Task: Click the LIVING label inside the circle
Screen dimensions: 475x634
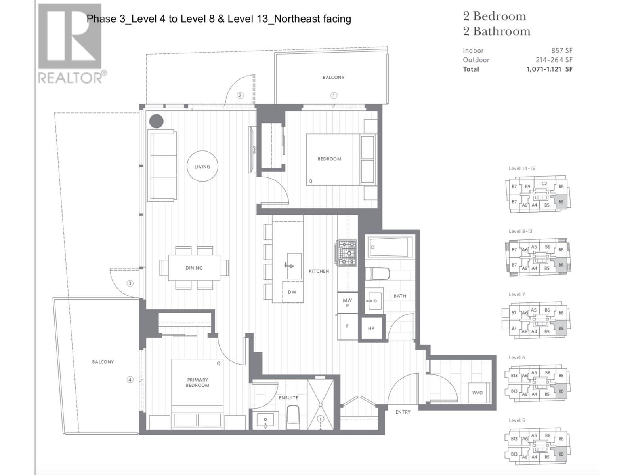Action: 202,167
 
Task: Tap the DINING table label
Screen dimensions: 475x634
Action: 194,268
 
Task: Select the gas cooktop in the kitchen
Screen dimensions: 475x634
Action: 347,253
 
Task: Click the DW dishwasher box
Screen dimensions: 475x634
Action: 292,292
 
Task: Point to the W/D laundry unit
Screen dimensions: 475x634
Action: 477,393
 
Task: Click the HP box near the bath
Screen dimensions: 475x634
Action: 371,328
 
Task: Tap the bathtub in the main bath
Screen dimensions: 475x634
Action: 390,247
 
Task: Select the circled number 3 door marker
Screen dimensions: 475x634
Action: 130,283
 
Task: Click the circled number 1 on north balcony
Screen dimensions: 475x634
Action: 334,95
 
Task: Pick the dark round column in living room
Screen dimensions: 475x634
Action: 156,121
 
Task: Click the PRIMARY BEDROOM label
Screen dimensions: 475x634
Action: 197,382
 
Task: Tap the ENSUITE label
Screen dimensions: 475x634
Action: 288,398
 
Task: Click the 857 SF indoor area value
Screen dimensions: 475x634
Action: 561,51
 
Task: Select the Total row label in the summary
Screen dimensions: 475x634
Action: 471,69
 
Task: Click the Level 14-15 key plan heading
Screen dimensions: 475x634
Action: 521,169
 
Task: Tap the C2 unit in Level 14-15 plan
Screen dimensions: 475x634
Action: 544,184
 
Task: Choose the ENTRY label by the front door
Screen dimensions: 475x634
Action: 403,412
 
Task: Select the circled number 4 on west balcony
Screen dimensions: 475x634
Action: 130,380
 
